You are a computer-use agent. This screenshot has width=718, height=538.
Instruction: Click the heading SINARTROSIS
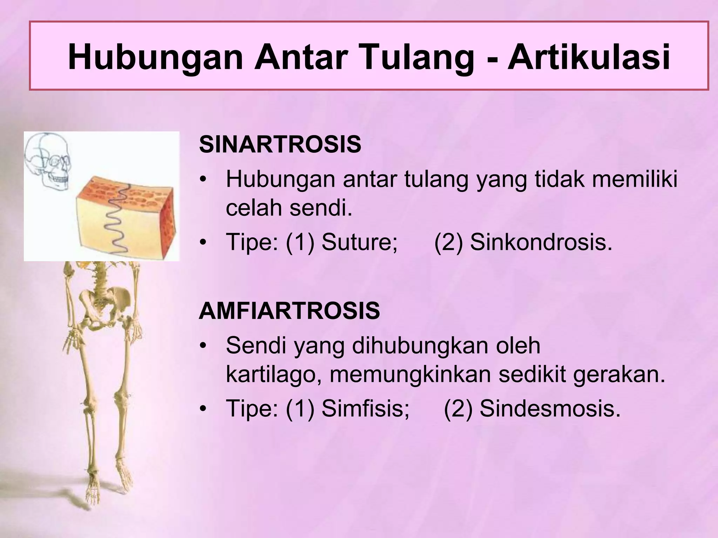[x=280, y=145]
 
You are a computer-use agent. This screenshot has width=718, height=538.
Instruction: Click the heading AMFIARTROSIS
[x=289, y=311]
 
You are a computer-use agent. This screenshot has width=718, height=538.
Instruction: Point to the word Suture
[x=359, y=242]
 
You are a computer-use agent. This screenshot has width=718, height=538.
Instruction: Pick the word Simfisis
[x=365, y=408]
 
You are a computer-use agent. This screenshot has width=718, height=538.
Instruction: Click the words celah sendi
[x=289, y=208]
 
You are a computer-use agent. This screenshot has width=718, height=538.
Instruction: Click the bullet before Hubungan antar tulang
[x=202, y=180]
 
